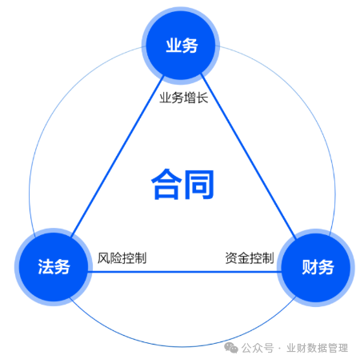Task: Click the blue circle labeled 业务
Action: click(181, 46)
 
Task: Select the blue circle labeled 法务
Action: click(54, 267)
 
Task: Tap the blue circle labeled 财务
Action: click(316, 268)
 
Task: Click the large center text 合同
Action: click(182, 185)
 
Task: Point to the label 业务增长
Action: click(184, 98)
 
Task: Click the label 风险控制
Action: click(122, 258)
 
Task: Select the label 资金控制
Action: click(250, 258)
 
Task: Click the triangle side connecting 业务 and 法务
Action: click(118, 156)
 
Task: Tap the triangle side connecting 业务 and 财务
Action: click(248, 156)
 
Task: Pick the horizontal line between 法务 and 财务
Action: click(184, 272)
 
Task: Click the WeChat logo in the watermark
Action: click(231, 348)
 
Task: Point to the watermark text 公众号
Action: click(258, 348)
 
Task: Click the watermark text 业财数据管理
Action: click(317, 348)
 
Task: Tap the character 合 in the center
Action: click(166, 185)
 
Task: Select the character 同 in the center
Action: click(199, 185)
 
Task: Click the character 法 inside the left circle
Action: click(46, 266)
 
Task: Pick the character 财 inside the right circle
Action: click(310, 267)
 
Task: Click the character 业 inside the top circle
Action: click(174, 46)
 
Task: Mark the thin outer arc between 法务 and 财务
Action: click(182, 347)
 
